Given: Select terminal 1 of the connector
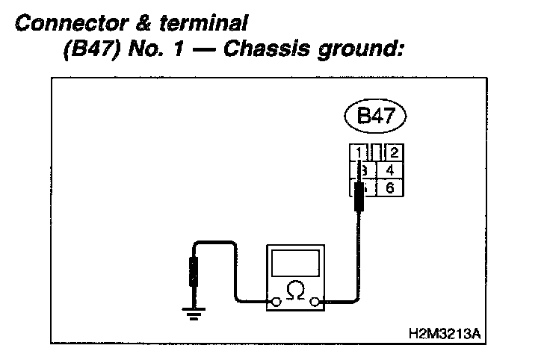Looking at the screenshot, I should point(360,153).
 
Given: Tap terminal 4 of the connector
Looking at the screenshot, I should point(390,170).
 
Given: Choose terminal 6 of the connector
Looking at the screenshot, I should point(390,187).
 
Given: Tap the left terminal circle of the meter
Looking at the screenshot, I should point(276,302).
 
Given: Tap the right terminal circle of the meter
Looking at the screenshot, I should point(316,302).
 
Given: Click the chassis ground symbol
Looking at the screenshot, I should point(194,312).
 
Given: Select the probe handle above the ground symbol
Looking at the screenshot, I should point(194,272).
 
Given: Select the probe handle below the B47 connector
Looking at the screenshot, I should point(359,199).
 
